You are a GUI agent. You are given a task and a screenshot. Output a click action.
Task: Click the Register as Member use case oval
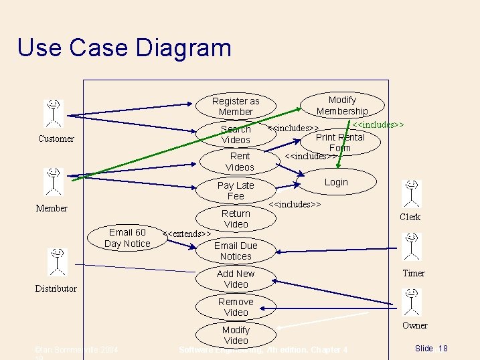coord(236,106)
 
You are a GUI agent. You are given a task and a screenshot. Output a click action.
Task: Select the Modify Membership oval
coord(342,105)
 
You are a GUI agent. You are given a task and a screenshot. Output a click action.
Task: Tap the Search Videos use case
coord(236,134)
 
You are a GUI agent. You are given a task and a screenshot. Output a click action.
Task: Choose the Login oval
coord(336,182)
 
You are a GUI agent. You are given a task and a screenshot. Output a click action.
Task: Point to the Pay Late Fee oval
coord(236,190)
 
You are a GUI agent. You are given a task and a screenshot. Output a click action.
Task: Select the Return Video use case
coord(236,218)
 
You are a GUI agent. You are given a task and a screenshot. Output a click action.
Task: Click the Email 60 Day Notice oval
coord(127,238)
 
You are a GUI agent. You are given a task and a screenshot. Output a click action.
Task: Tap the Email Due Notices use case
coord(236,250)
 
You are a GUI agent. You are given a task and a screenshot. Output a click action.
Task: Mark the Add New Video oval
coord(236,278)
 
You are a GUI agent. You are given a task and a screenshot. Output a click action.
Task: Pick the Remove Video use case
coord(236,306)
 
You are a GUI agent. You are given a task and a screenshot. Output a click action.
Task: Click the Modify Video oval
coord(236,335)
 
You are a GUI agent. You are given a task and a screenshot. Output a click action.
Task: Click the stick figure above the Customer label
coord(54,113)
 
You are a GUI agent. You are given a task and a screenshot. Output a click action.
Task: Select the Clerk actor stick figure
coord(411,193)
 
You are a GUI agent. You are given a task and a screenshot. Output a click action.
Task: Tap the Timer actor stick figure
coord(412,248)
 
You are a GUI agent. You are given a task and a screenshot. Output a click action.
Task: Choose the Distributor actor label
coord(56,289)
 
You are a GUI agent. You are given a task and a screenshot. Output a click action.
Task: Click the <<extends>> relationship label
coord(187,234)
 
